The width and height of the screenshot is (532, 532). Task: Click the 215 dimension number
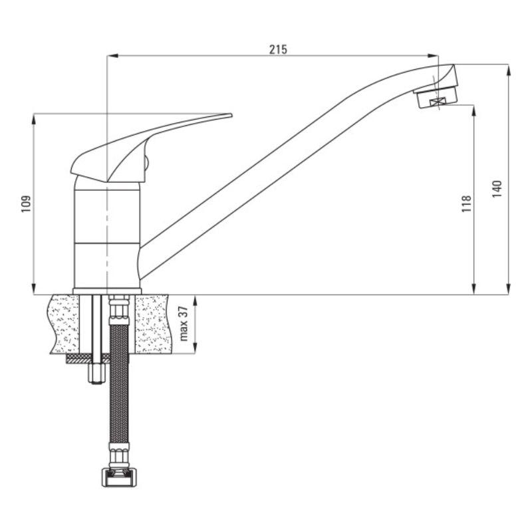click(x=278, y=50)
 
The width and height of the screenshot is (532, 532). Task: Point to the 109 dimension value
click(x=26, y=203)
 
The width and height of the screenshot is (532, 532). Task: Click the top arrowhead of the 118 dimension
click(x=474, y=108)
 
